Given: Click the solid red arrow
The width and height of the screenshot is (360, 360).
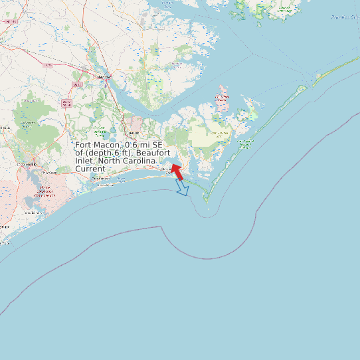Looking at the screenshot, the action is pyautogui.click(x=177, y=171).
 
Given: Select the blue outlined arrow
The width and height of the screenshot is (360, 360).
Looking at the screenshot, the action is pyautogui.click(x=182, y=188).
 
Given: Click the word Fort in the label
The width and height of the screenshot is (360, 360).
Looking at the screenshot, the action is pyautogui.click(x=83, y=145).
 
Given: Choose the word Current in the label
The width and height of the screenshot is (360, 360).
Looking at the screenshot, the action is pyautogui.click(x=90, y=169).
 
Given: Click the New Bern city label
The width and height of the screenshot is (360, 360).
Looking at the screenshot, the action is pyautogui.click(x=102, y=78).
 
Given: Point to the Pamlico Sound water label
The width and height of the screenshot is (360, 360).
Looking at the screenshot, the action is pyautogui.click(x=345, y=18).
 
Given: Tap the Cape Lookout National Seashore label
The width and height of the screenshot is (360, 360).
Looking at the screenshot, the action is pyautogui.click(x=246, y=142).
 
